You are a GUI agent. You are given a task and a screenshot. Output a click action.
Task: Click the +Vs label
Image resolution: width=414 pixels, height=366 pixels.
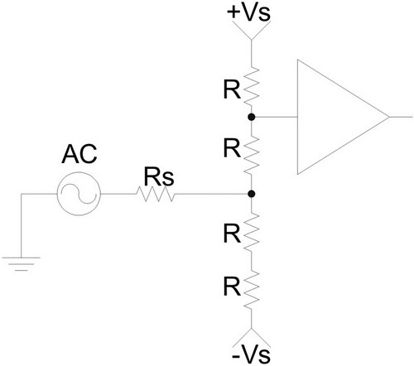coord(248,13)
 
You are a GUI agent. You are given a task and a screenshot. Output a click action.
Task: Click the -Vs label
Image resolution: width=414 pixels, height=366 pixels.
coord(251,355)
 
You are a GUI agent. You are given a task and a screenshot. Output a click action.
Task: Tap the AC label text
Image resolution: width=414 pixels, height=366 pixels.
coord(79,154)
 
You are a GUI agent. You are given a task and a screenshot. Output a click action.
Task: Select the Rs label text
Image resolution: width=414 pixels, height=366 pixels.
coord(159,176)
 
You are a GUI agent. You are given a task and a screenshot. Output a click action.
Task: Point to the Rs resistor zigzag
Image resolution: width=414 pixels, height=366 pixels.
coord(156,194)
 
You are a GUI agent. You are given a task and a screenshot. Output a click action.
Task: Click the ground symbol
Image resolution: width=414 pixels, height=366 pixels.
coord(21,264)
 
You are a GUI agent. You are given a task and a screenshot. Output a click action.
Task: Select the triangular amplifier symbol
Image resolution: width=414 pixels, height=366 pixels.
coord(297,117)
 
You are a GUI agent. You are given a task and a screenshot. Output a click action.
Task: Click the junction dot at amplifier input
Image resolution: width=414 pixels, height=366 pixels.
coord(251,117)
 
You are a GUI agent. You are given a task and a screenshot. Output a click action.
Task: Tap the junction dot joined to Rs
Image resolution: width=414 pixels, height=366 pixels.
coord(251,194)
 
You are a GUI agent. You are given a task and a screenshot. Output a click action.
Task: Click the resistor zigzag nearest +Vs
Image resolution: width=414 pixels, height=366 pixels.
coord(252,86)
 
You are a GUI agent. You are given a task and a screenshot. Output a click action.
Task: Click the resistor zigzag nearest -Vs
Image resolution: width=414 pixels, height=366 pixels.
coord(252,289)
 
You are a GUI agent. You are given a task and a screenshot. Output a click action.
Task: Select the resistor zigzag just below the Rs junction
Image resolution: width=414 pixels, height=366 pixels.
coord(252,231)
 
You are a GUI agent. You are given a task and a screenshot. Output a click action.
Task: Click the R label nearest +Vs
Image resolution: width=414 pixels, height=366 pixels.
coord(232,90)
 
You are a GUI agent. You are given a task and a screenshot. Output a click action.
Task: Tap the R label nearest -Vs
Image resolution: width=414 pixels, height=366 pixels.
coord(232,287)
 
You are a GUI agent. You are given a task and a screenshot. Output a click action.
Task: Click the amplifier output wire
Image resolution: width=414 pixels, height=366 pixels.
coord(401,117)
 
